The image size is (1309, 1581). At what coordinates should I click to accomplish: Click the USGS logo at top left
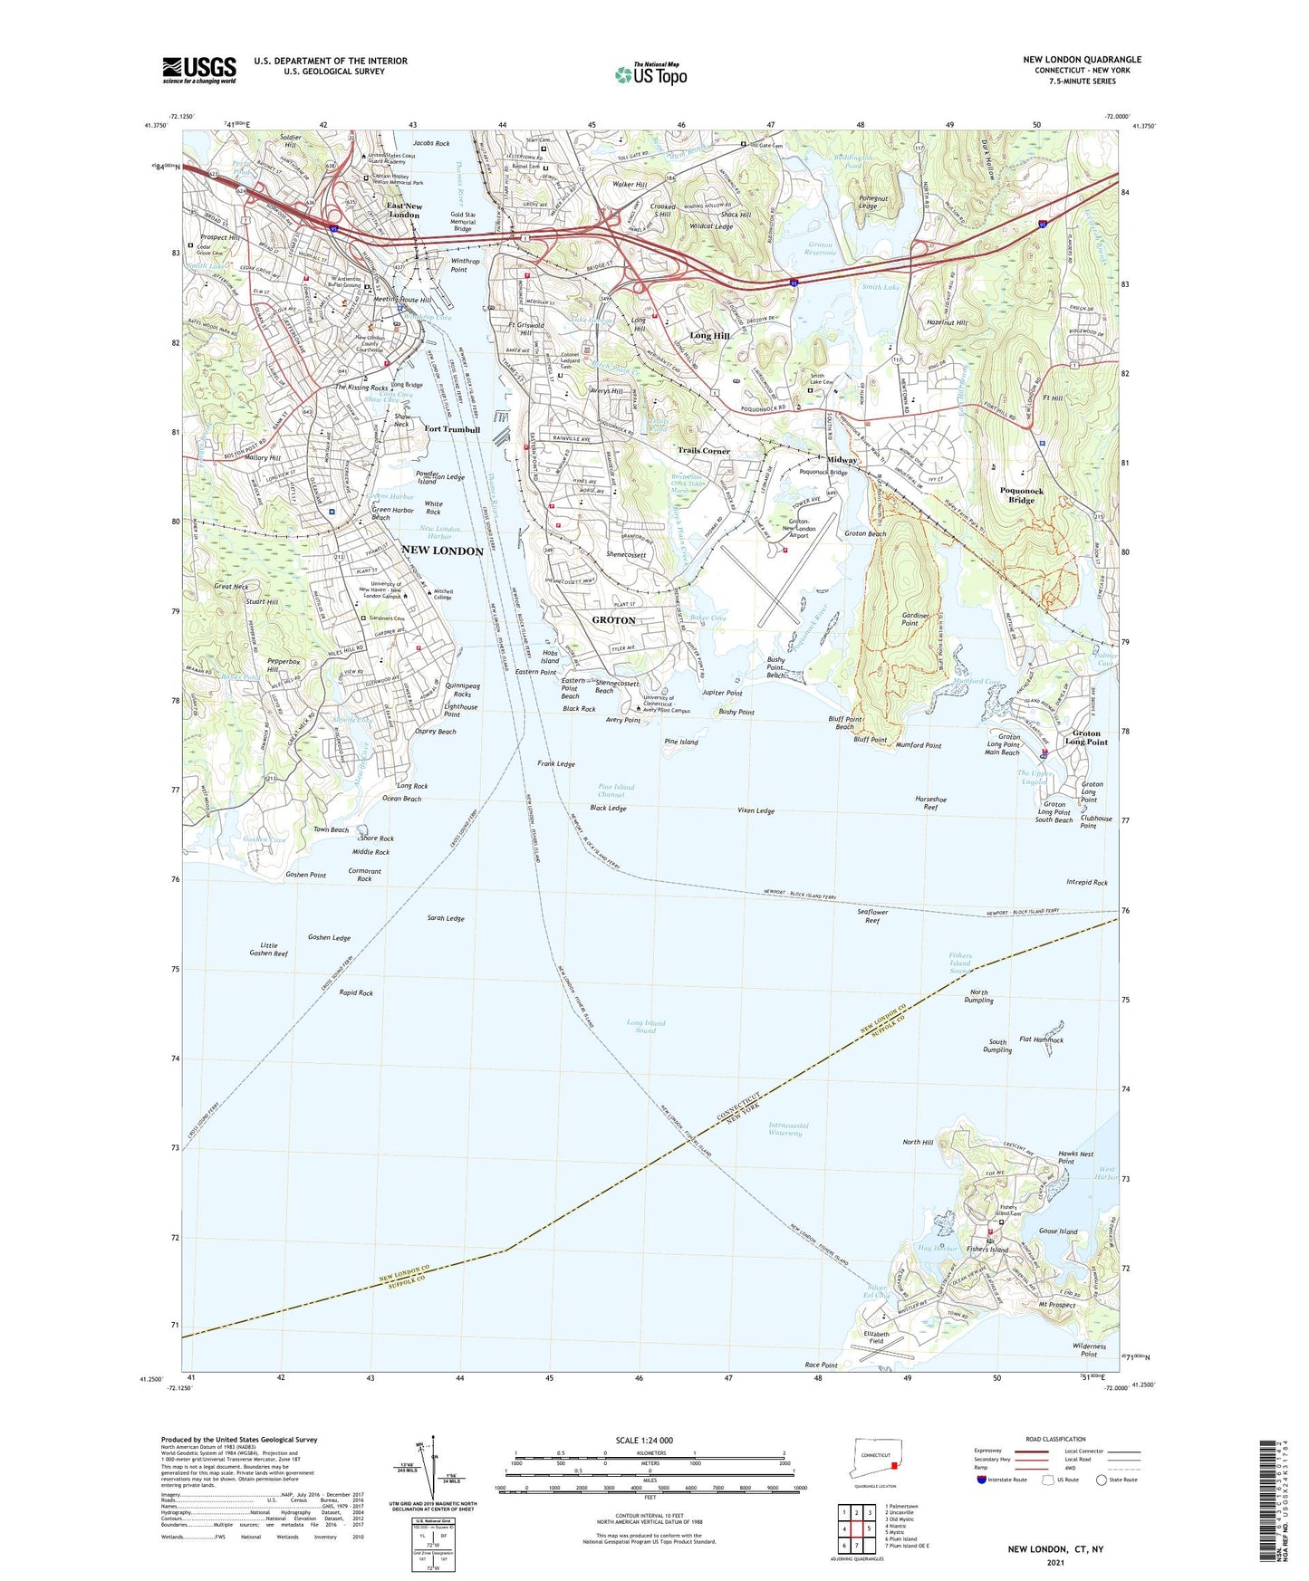click(199, 69)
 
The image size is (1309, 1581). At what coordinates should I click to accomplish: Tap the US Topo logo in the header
click(650, 73)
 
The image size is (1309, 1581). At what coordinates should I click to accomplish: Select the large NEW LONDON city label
click(442, 551)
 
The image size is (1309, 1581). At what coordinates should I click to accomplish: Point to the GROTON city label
click(613, 620)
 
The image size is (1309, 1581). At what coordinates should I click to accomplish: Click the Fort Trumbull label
click(451, 429)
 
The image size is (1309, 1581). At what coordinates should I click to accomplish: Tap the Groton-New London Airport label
click(801, 528)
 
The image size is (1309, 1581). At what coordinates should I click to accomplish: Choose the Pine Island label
click(680, 742)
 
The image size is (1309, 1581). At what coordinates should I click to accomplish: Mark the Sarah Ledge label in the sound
click(446, 918)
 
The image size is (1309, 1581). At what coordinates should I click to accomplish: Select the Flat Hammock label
click(1041, 1040)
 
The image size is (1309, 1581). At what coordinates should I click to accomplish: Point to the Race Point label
click(821, 1365)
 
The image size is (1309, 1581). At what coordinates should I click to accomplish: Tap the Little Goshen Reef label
click(268, 949)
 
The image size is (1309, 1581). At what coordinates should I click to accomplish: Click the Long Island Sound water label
click(645, 1027)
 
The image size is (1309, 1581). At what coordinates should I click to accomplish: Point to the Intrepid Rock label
click(1086, 882)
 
